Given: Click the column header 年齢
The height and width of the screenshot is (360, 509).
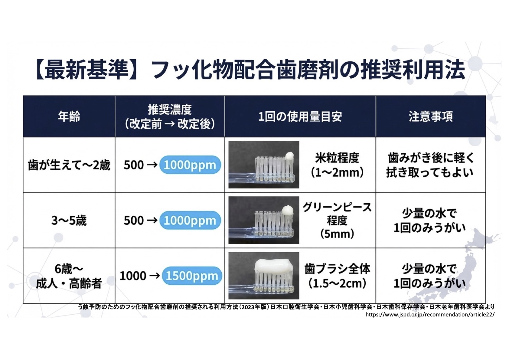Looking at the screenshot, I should (x=69, y=116).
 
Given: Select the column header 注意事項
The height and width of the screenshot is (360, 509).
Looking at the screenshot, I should (x=430, y=116).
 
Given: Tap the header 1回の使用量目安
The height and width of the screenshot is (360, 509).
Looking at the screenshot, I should (x=300, y=116).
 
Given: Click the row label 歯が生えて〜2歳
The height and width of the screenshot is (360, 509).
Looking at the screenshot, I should (x=69, y=165).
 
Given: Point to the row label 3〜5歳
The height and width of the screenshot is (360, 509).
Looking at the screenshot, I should (x=69, y=221).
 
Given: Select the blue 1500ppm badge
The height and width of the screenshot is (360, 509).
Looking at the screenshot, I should (x=192, y=276).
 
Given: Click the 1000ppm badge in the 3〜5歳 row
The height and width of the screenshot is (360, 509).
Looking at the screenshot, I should (x=190, y=221).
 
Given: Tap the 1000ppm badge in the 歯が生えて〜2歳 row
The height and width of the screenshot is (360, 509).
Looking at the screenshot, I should (x=190, y=165).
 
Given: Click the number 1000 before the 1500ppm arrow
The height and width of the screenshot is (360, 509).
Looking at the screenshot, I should (x=133, y=276).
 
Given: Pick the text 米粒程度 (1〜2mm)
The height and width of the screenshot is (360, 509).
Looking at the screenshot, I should (x=337, y=165).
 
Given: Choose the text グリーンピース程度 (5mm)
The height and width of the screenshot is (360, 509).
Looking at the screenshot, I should (x=337, y=220).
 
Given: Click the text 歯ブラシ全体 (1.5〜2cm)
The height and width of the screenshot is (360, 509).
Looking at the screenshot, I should (x=337, y=276).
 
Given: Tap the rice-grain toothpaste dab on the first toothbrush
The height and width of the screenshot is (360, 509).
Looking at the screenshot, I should (x=289, y=156).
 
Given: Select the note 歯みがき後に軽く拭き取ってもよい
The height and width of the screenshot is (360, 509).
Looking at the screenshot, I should (x=430, y=165).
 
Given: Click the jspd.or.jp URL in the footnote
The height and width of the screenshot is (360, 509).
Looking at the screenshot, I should (x=430, y=315).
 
